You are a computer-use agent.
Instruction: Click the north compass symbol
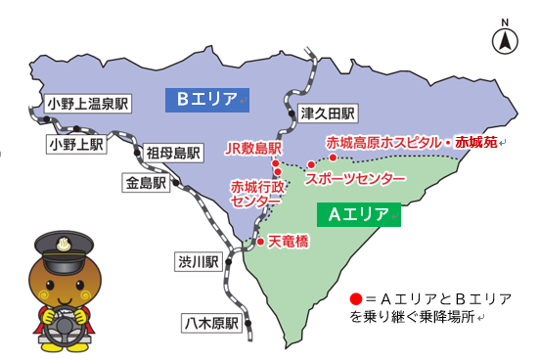505,40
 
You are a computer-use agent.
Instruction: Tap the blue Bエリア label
208,99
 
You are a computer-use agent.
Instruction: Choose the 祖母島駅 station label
173,153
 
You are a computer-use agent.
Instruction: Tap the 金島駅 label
146,183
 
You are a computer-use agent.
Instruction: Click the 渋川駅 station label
199,261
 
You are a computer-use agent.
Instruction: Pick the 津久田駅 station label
329,112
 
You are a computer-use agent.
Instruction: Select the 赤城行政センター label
256,193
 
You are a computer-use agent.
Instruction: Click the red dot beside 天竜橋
260,241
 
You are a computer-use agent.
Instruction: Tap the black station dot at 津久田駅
291,114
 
